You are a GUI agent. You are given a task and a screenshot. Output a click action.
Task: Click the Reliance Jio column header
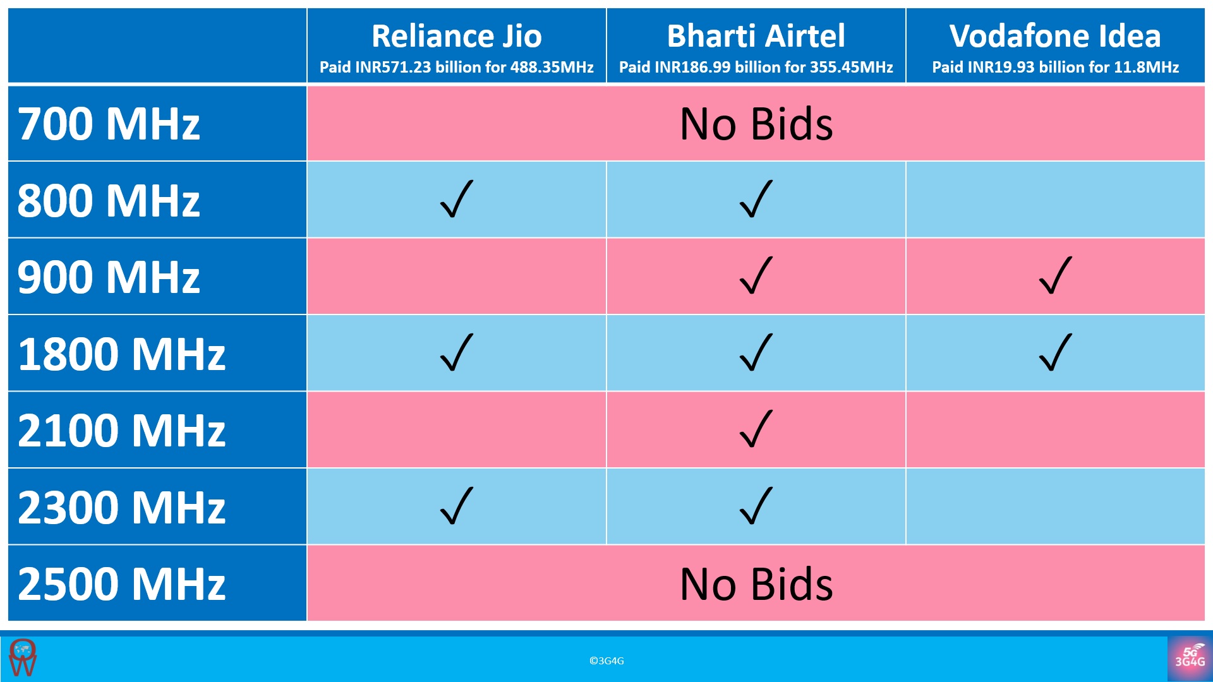coord(456,36)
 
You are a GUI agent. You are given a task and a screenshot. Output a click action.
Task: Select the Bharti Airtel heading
coord(756,36)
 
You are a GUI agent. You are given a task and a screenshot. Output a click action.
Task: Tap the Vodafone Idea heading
coord(1055,36)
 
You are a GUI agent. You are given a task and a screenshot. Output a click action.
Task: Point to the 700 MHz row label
coord(109,124)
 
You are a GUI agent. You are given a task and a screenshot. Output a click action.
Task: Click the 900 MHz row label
coord(109,277)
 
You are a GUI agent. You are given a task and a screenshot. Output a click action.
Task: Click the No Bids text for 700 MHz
coord(756,124)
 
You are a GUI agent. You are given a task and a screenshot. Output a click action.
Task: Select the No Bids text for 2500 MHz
coord(756,584)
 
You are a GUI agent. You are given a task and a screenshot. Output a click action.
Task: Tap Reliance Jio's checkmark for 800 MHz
coord(456,200)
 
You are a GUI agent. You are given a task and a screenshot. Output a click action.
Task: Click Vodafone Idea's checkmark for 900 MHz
coord(1055,276)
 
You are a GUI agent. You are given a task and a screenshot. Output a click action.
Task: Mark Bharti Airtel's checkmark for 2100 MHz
coord(756,429)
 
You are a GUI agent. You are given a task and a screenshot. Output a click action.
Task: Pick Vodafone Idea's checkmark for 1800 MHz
coord(1055,352)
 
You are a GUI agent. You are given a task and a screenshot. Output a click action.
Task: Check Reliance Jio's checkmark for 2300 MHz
coord(456,506)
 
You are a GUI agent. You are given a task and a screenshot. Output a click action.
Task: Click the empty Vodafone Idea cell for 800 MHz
coord(1055,200)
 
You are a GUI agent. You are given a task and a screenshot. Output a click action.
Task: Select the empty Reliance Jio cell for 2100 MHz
coord(456,430)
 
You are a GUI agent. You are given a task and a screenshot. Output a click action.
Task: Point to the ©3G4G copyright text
coord(606,661)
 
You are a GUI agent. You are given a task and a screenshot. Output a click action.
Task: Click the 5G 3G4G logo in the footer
coord(1190,659)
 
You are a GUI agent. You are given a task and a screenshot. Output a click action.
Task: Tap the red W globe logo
coord(23,658)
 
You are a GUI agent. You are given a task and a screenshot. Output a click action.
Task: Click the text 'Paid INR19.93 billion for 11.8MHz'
coord(1055,67)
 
